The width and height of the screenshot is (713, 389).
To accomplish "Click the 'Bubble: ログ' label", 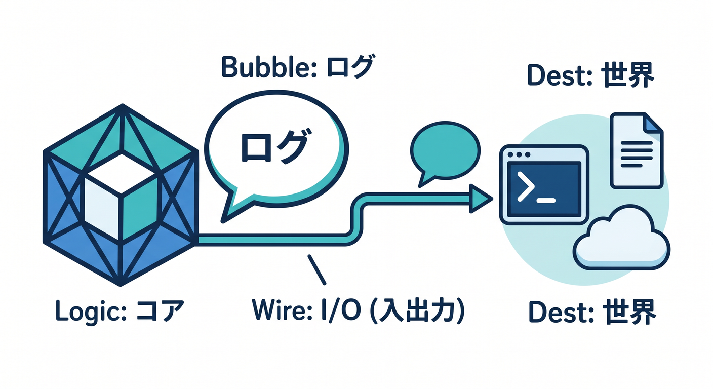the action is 297,66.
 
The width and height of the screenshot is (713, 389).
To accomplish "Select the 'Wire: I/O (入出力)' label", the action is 359,310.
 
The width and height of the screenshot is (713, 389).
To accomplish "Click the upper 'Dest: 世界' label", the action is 591,75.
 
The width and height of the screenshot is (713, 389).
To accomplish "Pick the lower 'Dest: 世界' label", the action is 592,313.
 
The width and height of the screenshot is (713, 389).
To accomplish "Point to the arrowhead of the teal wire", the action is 481,199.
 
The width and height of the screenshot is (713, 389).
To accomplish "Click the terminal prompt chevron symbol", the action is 526,186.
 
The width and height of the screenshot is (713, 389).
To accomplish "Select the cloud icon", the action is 621,240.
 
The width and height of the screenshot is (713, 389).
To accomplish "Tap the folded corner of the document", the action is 653,124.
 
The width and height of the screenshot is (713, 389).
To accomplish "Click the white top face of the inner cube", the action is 121,173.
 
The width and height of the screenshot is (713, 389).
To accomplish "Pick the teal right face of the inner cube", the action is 140,209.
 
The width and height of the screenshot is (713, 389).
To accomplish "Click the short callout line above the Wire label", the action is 316,269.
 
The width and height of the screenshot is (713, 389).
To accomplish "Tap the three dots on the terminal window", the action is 519,154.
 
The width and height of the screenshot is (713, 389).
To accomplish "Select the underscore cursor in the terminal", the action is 546,201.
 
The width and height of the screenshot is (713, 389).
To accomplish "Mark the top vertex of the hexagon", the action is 122,104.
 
